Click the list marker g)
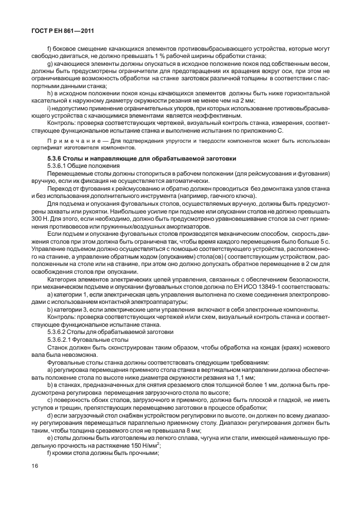point(50,65)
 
